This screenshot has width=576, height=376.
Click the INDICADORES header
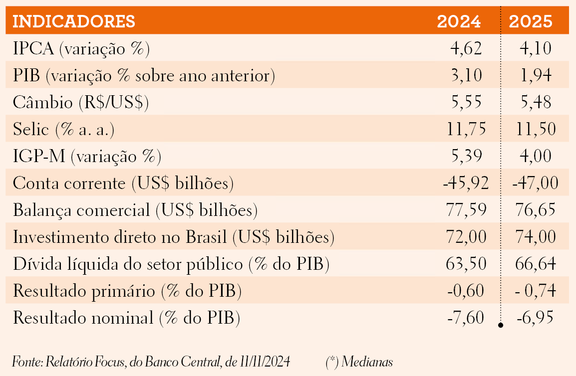pyautogui.click(x=74, y=21)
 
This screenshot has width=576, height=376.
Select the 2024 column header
pyautogui.click(x=459, y=21)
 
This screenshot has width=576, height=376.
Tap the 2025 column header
pyautogui.click(x=531, y=21)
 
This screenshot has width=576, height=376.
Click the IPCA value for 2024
pyautogui.click(x=466, y=48)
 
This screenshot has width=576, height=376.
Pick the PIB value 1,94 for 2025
pyautogui.click(x=536, y=75)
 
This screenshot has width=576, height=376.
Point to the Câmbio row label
pyautogui.click(x=81, y=102)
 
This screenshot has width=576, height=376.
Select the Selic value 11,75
pyautogui.click(x=466, y=129)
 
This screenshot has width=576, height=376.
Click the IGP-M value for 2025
pyautogui.click(x=536, y=156)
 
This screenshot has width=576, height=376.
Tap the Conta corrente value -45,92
pyautogui.click(x=466, y=183)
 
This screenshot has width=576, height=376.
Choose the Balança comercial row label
pyautogui.click(x=135, y=210)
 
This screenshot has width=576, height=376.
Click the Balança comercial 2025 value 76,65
pyautogui.click(x=536, y=209)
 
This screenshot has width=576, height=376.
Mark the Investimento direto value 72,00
pyautogui.click(x=466, y=236)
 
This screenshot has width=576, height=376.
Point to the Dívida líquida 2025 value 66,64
pyautogui.click(x=536, y=264)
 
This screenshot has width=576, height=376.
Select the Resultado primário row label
pyautogui.click(x=127, y=291)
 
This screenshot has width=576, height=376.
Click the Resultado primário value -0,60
pyautogui.click(x=466, y=290)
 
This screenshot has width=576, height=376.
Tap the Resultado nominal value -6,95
pyautogui.click(x=535, y=317)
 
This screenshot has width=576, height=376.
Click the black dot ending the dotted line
pyautogui.click(x=500, y=325)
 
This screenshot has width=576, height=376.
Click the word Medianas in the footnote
pyautogui.click(x=367, y=362)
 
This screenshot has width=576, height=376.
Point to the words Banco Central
pyautogui.click(x=183, y=362)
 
